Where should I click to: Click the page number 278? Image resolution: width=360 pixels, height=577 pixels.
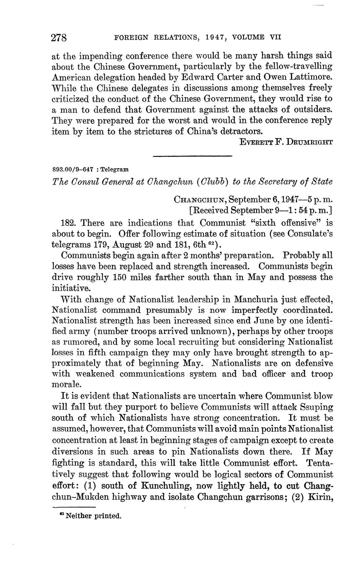coord(59,38)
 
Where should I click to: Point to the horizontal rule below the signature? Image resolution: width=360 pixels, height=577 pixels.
coord(193,156)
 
